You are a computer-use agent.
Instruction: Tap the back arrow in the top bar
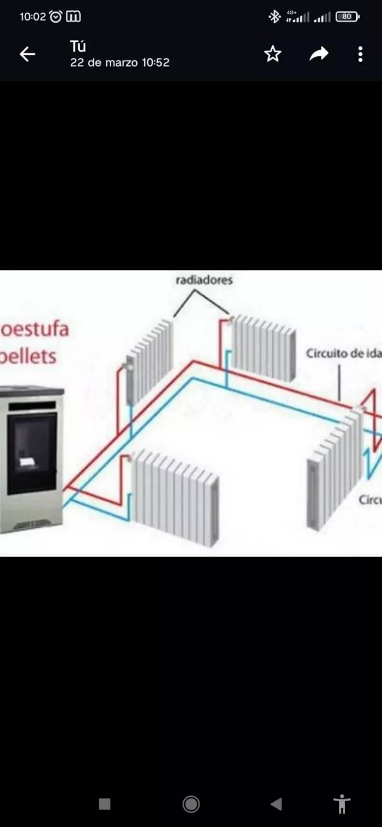[x=27, y=54]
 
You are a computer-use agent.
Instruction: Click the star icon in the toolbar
[x=273, y=54]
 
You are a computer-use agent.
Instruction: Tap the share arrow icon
[x=319, y=54]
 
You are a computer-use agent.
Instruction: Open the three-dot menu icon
[x=361, y=54]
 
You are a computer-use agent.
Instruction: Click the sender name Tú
[x=78, y=46]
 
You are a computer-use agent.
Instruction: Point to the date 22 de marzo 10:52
[x=120, y=62]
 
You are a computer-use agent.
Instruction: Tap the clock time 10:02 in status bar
[x=32, y=17]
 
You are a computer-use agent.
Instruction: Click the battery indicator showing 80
[x=347, y=17]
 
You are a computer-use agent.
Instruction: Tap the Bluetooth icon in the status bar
[x=275, y=17]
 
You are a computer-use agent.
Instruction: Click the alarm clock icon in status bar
[x=56, y=17]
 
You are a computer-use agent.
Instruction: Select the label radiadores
[x=204, y=280]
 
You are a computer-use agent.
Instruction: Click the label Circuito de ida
[x=343, y=353]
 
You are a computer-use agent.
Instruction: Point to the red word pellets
[x=29, y=356]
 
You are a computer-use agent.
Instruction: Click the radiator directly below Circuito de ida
[x=334, y=470]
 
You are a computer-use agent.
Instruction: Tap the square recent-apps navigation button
[x=105, y=804]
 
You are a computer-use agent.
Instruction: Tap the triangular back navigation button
[x=276, y=804]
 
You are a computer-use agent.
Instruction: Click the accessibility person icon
[x=342, y=804]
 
